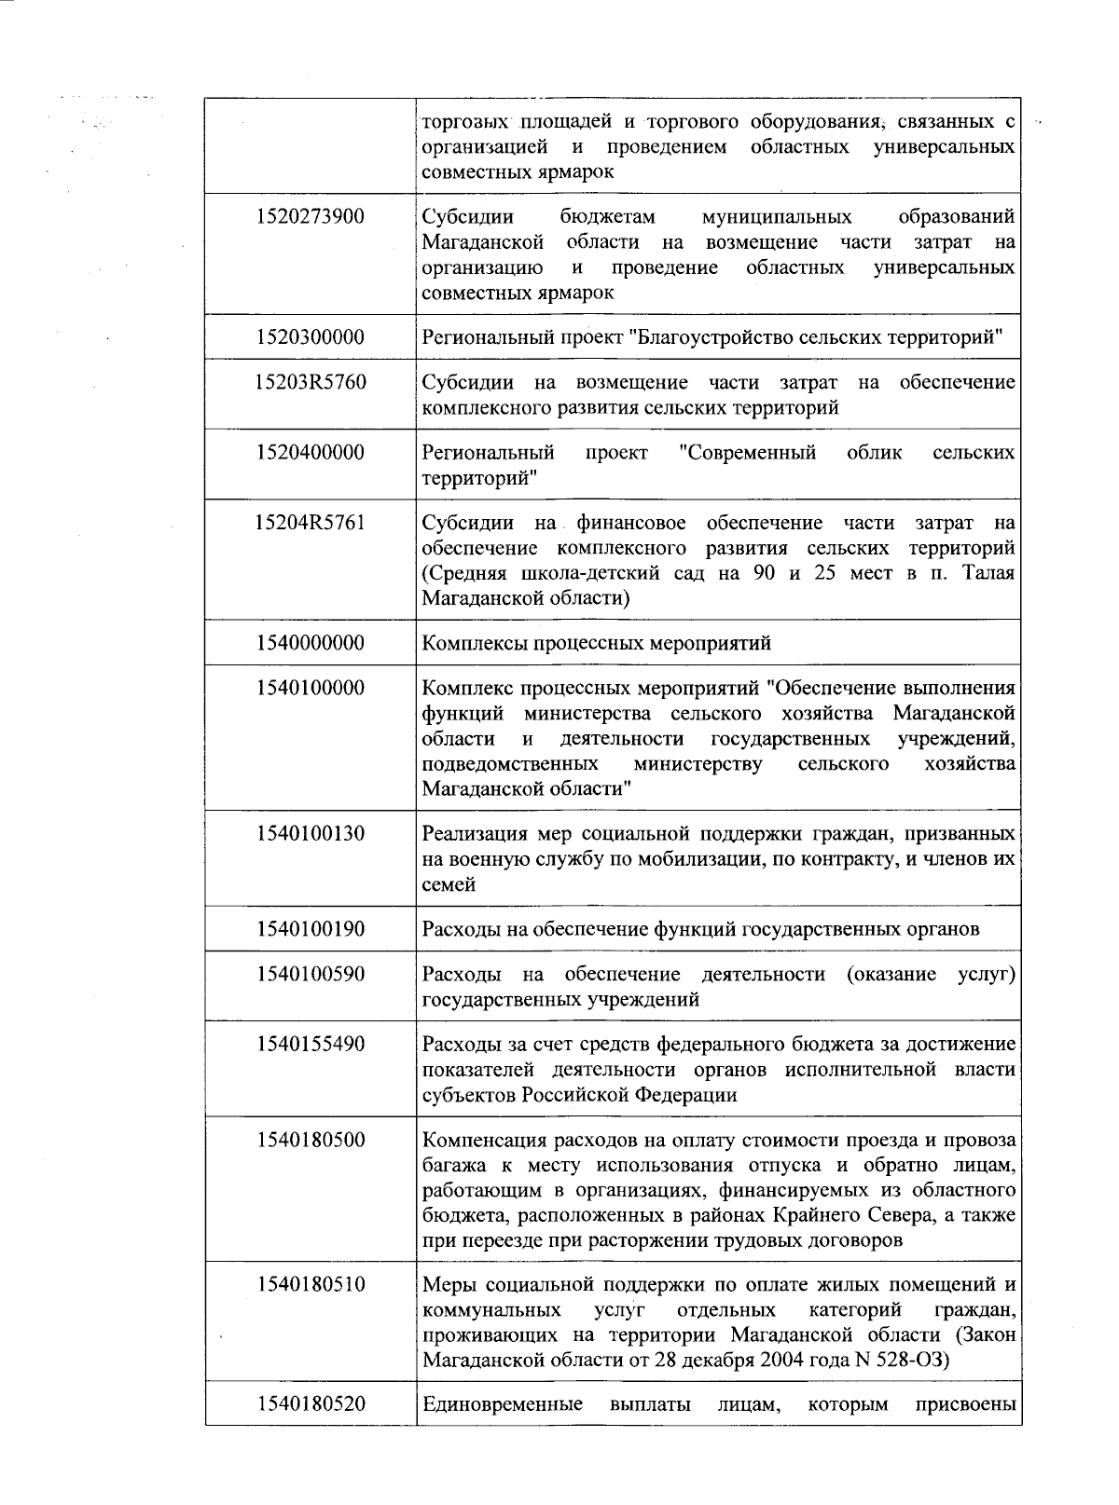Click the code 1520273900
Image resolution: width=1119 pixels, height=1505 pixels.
click(x=311, y=217)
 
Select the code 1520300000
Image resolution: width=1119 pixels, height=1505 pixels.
click(x=311, y=337)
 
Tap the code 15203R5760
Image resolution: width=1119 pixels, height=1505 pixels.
click(x=311, y=382)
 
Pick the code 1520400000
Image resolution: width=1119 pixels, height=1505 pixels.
click(x=311, y=453)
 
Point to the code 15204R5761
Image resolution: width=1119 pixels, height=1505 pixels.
click(x=311, y=523)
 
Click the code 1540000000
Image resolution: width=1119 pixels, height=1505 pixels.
click(x=311, y=643)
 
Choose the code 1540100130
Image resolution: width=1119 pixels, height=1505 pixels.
click(x=311, y=834)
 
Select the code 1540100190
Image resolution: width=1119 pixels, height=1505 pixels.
click(x=311, y=929)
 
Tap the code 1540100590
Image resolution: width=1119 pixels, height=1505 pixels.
click(x=311, y=975)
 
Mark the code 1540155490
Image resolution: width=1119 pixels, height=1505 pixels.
click(x=311, y=1045)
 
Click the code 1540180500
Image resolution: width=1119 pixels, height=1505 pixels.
click(x=311, y=1141)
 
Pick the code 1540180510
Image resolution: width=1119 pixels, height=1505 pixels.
click(x=311, y=1285)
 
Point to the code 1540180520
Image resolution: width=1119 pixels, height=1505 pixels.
click(x=311, y=1404)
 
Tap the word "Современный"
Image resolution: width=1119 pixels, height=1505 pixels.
click(x=748, y=453)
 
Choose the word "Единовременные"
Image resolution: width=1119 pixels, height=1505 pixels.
click(x=503, y=1404)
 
